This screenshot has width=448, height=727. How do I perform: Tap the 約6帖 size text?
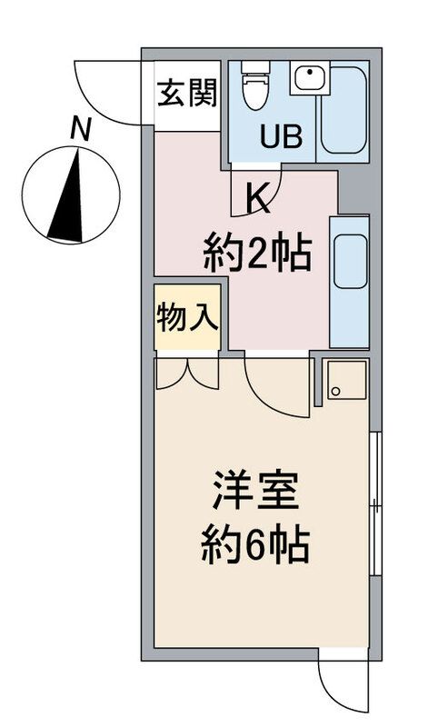[255, 545]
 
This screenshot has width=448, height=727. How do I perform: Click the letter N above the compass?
[81, 130]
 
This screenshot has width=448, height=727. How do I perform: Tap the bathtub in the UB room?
[343, 110]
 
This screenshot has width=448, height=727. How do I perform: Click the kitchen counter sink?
[349, 263]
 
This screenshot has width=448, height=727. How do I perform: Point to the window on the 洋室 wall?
[375, 504]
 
